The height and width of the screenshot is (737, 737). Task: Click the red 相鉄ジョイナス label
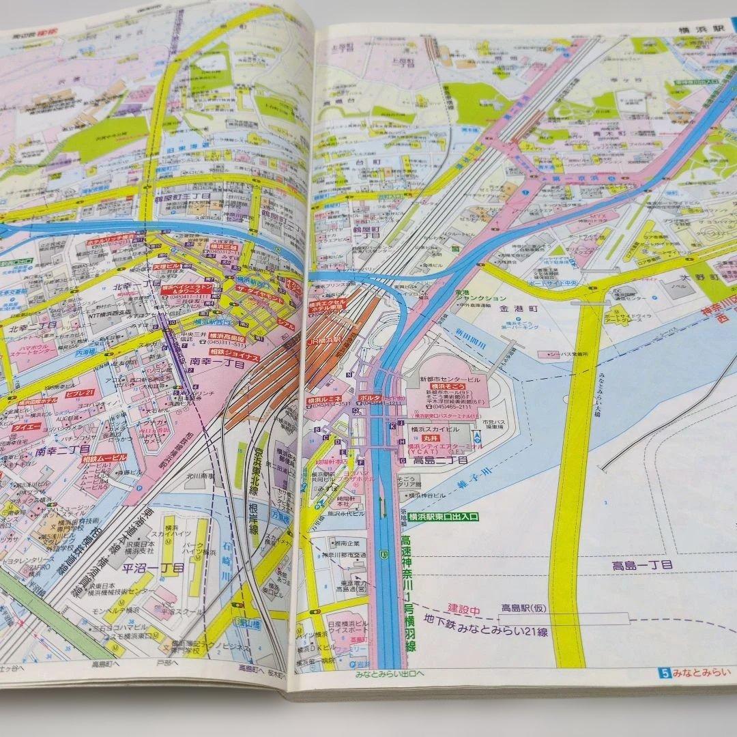234,356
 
